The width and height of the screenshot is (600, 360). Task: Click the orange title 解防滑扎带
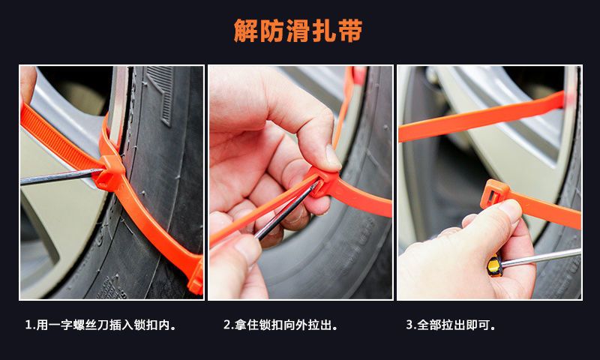coord(298,31)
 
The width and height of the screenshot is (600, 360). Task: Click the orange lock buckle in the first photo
coord(109,173)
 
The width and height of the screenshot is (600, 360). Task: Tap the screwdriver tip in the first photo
coord(102,170)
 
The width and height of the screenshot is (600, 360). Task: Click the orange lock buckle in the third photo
coord(494,193)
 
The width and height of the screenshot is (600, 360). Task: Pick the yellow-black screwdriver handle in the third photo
coord(495,265)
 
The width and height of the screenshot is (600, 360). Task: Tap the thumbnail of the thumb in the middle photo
coord(332,156)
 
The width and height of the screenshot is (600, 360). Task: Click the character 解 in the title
coord(246,31)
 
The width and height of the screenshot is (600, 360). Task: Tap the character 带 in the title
coord(350,31)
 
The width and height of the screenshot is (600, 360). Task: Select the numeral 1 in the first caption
coord(28,325)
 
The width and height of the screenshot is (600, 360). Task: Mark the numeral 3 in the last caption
coord(409,325)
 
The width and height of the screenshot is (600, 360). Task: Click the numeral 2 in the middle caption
coord(227,325)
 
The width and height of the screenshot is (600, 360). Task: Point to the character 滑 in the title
coord(298,31)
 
